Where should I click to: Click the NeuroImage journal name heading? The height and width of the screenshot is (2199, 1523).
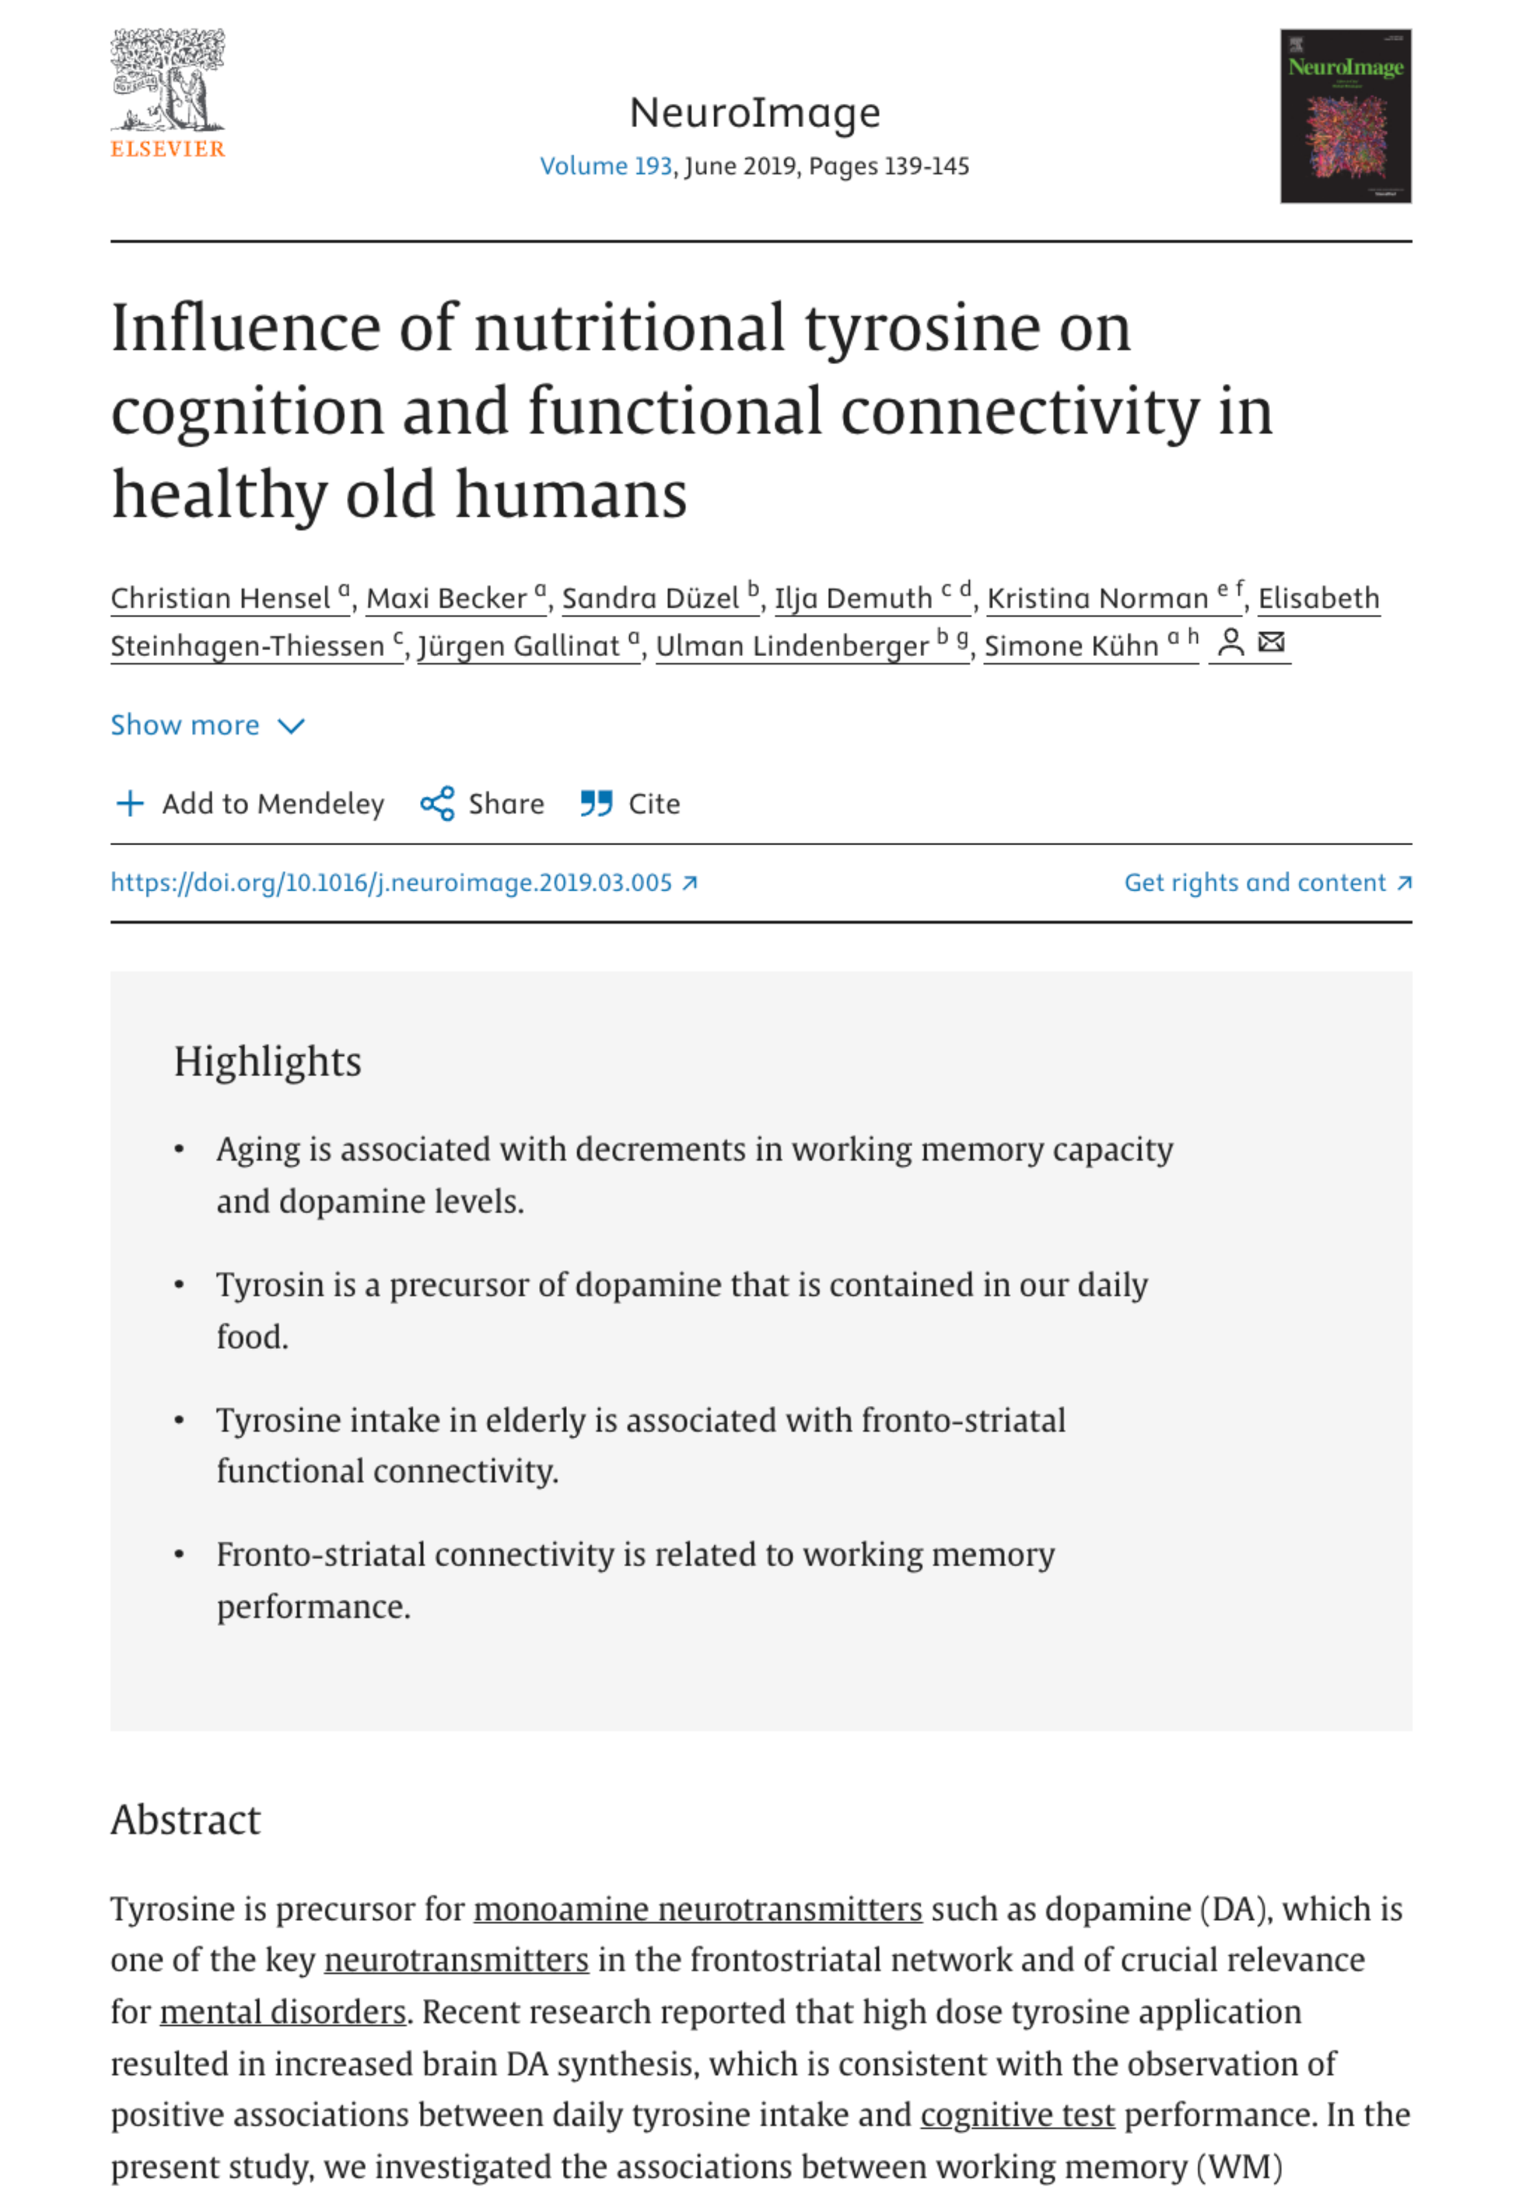[754, 112]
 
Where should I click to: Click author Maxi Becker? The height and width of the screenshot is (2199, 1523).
[446, 598]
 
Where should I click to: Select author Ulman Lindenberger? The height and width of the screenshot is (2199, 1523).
[792, 646]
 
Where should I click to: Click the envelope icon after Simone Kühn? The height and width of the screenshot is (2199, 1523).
[1271, 643]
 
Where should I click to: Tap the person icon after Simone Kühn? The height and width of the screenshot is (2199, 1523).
[1231, 643]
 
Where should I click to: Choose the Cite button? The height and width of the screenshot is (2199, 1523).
[631, 803]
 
